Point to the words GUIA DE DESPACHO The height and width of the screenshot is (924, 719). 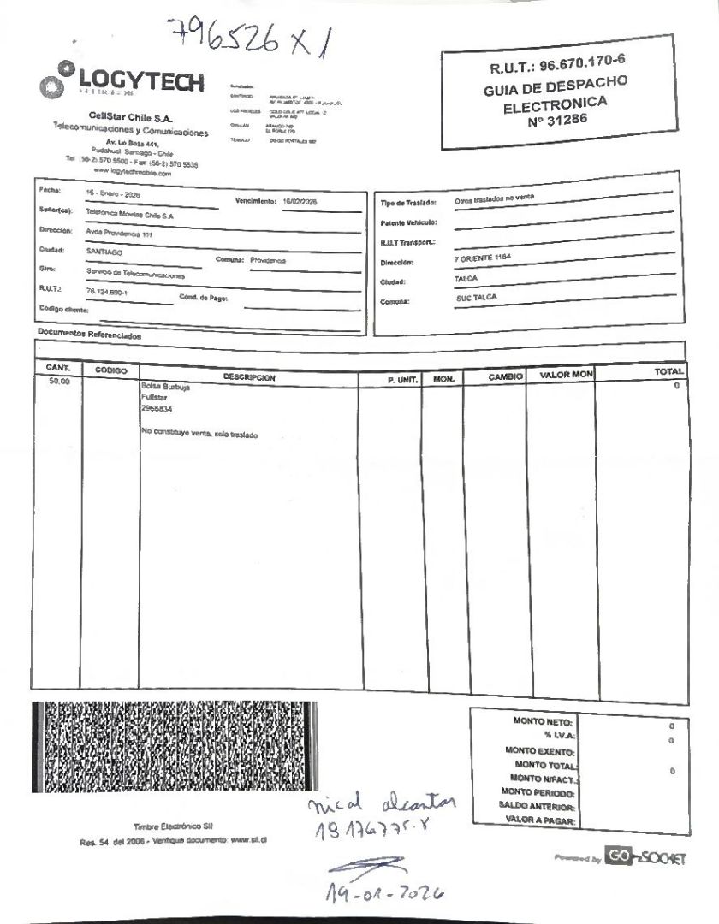(556, 86)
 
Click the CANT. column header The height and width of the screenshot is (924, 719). (58, 368)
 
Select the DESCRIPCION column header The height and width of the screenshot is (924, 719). (249, 376)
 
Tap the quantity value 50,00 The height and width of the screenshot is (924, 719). (59, 382)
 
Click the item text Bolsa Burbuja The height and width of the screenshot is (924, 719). (165, 387)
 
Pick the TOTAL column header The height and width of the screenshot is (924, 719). (668, 372)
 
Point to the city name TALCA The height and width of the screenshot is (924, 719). (466, 279)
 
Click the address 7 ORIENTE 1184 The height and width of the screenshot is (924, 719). (484, 258)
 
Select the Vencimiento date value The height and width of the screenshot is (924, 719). (299, 201)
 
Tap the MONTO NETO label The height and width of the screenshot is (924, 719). (543, 721)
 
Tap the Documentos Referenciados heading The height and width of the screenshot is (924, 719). (89, 335)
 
